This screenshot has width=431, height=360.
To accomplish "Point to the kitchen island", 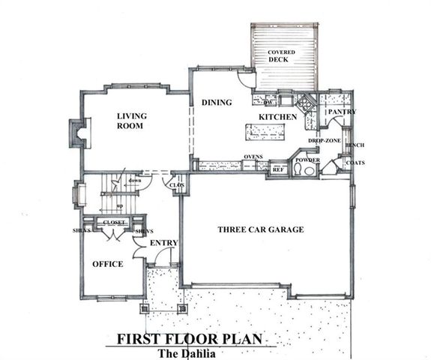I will (268, 132).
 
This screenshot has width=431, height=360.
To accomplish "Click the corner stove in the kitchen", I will (306, 105).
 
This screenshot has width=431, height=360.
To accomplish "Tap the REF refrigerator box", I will (278, 169).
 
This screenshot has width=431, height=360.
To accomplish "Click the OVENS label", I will (253, 157).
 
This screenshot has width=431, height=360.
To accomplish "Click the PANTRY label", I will (340, 112).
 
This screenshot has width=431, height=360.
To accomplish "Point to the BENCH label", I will (355, 144).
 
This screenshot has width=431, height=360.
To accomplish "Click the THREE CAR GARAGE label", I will (260, 229).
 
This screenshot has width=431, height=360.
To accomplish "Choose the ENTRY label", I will (163, 243).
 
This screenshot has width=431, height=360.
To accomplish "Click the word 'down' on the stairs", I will (135, 180).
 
